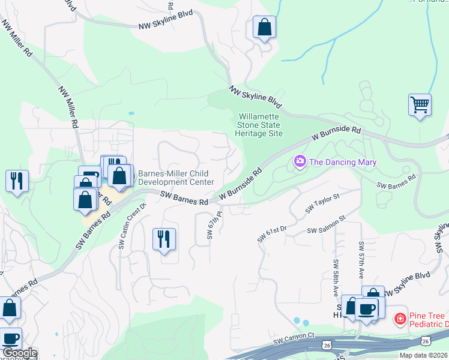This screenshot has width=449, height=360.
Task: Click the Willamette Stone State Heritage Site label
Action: pos(260,125)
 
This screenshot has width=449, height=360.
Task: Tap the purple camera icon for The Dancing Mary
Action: pos(300,161)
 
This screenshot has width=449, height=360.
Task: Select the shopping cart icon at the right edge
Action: pos(420,104)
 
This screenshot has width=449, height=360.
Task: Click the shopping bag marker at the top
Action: pos(264,27)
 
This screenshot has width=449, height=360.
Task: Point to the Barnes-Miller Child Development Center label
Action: pos(176,178)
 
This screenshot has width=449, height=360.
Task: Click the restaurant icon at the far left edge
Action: pos(17,179)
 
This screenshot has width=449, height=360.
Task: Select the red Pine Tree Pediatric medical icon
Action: pos(400,317)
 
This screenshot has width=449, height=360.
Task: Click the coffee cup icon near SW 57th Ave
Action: pos(366,309)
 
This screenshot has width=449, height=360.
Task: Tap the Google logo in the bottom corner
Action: pos(19,353)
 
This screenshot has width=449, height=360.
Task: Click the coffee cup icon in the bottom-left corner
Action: pos(10,338)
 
